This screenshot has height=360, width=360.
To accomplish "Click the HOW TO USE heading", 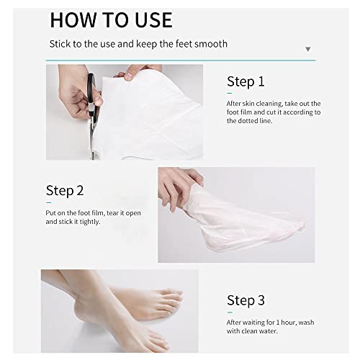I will coord(111,19).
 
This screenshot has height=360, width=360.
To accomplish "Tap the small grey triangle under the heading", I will coord(308,50).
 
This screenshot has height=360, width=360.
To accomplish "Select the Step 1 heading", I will coord(246,81).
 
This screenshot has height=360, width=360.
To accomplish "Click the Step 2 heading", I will coord(65,191).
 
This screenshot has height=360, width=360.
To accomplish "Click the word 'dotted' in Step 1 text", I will coord(242,121).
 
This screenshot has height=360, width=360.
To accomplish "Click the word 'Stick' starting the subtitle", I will coord(60,44).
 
